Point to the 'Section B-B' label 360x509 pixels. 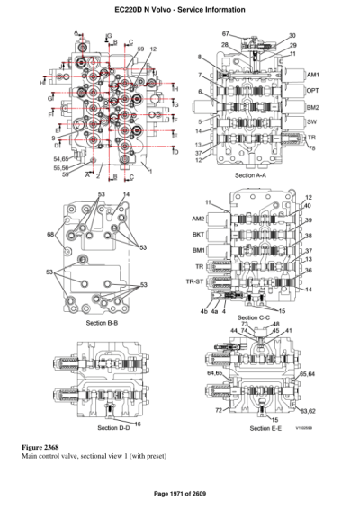(x=103, y=321)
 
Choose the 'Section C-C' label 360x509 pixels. (x=256, y=317)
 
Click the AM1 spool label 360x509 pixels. (x=312, y=75)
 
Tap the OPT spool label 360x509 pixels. (x=312, y=90)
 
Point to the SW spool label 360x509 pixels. (x=311, y=121)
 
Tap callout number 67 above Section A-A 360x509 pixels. (x=226, y=33)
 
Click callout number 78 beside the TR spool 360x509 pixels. (x=311, y=149)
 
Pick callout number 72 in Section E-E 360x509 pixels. (x=219, y=410)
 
